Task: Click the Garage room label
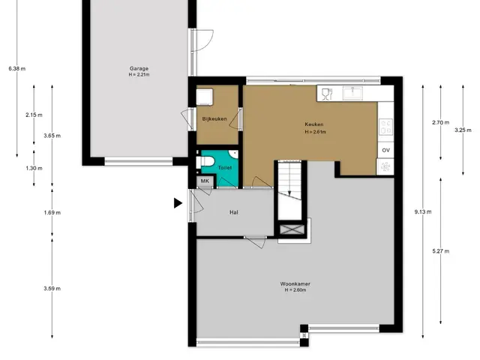point(139,68)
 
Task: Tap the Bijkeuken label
point(214,118)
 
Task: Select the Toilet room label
point(225,168)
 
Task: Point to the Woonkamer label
point(295,283)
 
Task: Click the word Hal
point(234,212)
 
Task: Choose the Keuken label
point(314,124)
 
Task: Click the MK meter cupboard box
point(205,181)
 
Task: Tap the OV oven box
point(385,150)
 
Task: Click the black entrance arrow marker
point(178,203)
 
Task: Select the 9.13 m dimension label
point(423,211)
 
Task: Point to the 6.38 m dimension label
point(17,68)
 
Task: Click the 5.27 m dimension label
point(441,251)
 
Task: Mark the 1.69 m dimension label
point(52,212)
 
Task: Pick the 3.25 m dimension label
point(463,130)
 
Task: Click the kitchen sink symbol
point(352,93)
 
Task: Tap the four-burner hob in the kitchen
point(385,127)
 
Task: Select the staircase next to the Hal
point(289,190)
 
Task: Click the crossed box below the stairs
point(292,229)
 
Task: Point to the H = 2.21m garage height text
point(139,75)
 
